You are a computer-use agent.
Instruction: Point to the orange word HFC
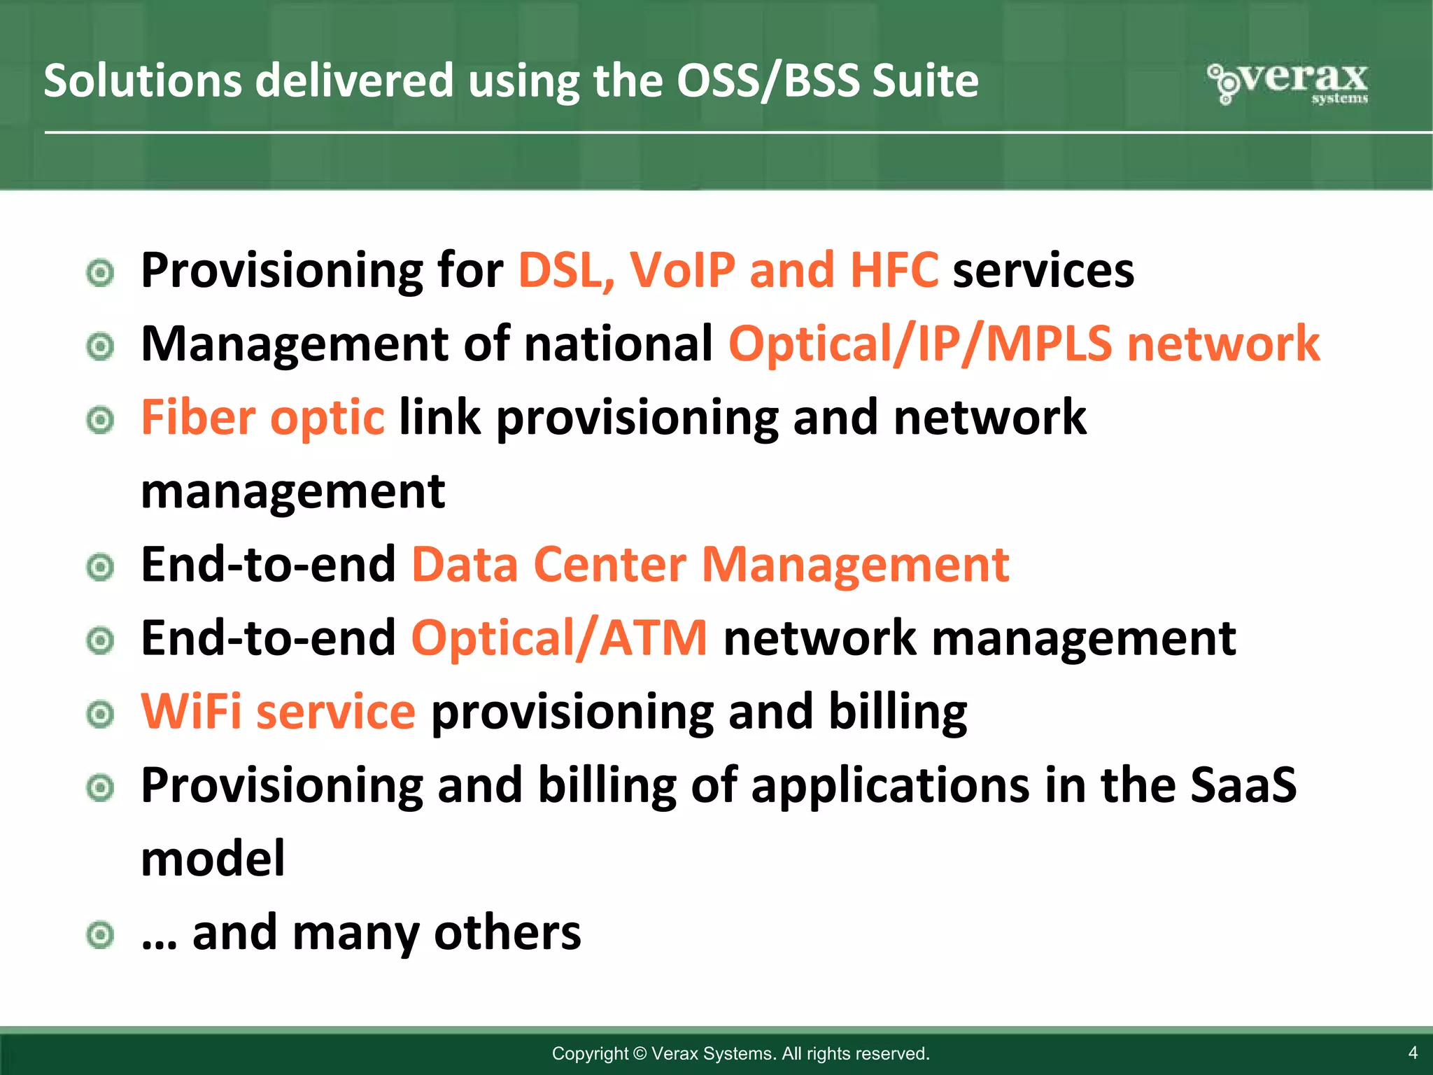[894, 271]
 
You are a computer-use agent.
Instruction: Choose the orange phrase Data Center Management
[710, 565]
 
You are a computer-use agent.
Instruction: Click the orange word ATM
[654, 639]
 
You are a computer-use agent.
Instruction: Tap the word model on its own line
[213, 859]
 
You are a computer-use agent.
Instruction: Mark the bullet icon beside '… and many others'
[100, 934]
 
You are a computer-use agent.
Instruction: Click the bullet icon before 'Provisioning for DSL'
[100, 273]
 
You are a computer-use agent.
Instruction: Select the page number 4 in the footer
[1412, 1053]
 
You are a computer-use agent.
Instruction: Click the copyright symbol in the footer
[640, 1053]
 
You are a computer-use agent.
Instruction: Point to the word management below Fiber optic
[292, 492]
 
